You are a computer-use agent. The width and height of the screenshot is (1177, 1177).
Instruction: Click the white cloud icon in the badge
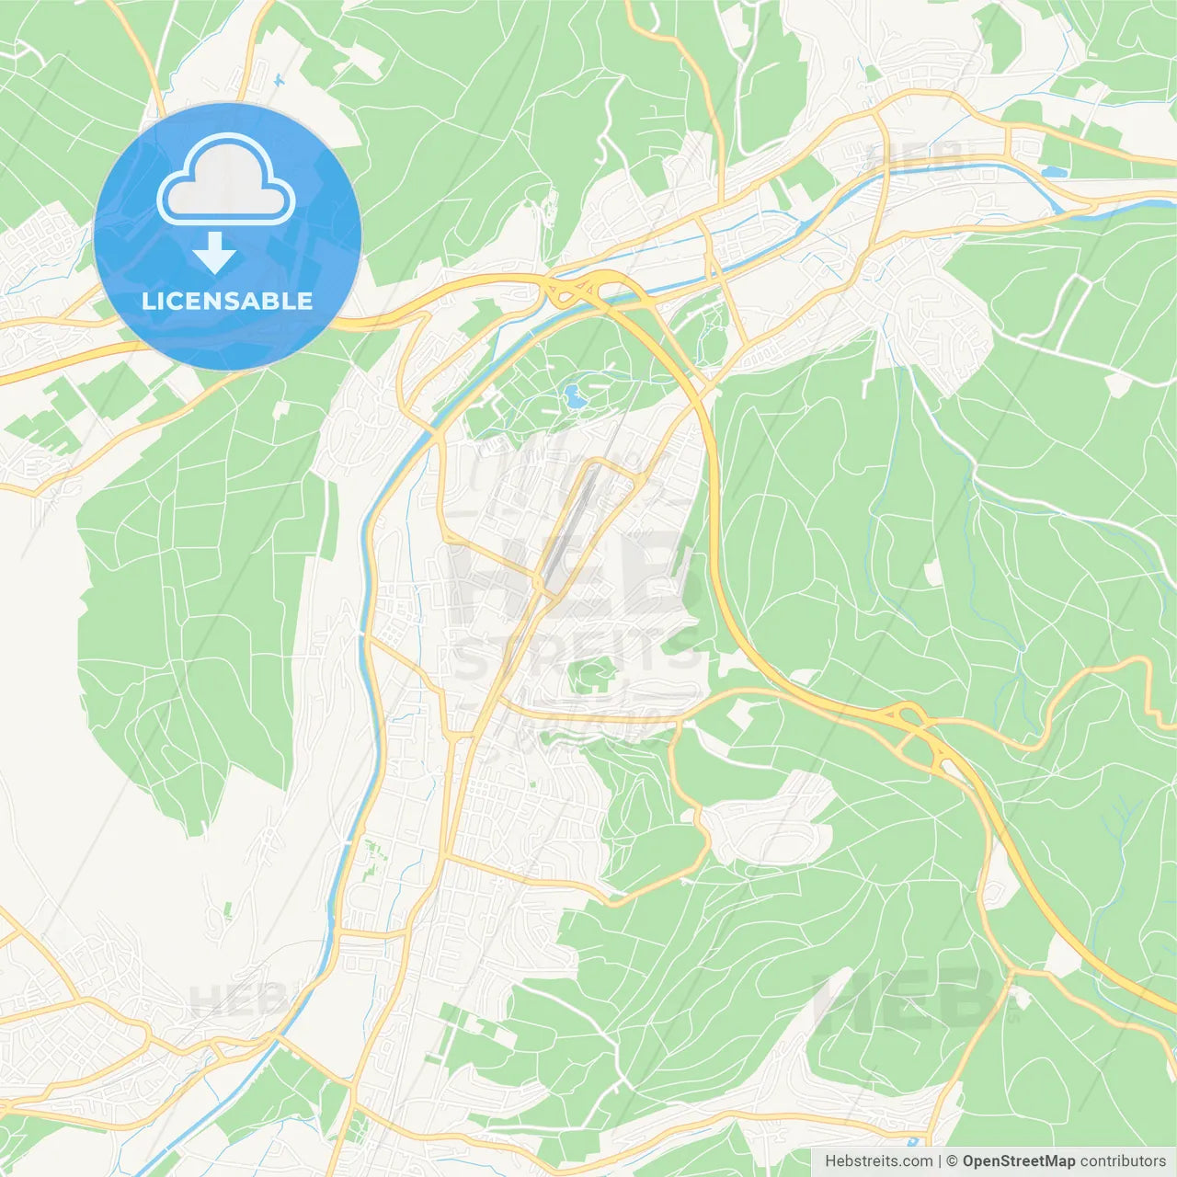click(x=226, y=180)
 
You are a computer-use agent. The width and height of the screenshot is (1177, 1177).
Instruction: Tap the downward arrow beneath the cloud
click(x=214, y=253)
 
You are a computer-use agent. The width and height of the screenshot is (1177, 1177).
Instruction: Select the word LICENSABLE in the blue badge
click(x=227, y=301)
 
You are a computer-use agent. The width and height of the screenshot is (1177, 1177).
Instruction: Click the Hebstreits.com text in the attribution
click(x=878, y=1161)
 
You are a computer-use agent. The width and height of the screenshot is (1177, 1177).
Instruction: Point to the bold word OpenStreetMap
click(x=1018, y=1161)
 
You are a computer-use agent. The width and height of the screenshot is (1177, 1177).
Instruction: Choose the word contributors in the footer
click(x=1122, y=1161)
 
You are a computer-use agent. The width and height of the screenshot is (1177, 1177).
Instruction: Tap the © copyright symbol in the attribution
click(x=953, y=1161)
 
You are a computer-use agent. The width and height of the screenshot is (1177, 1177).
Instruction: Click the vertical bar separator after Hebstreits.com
click(x=940, y=1161)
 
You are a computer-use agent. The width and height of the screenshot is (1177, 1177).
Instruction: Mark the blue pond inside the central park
click(x=574, y=397)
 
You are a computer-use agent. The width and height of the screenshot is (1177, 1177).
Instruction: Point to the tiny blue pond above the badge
click(x=277, y=79)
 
